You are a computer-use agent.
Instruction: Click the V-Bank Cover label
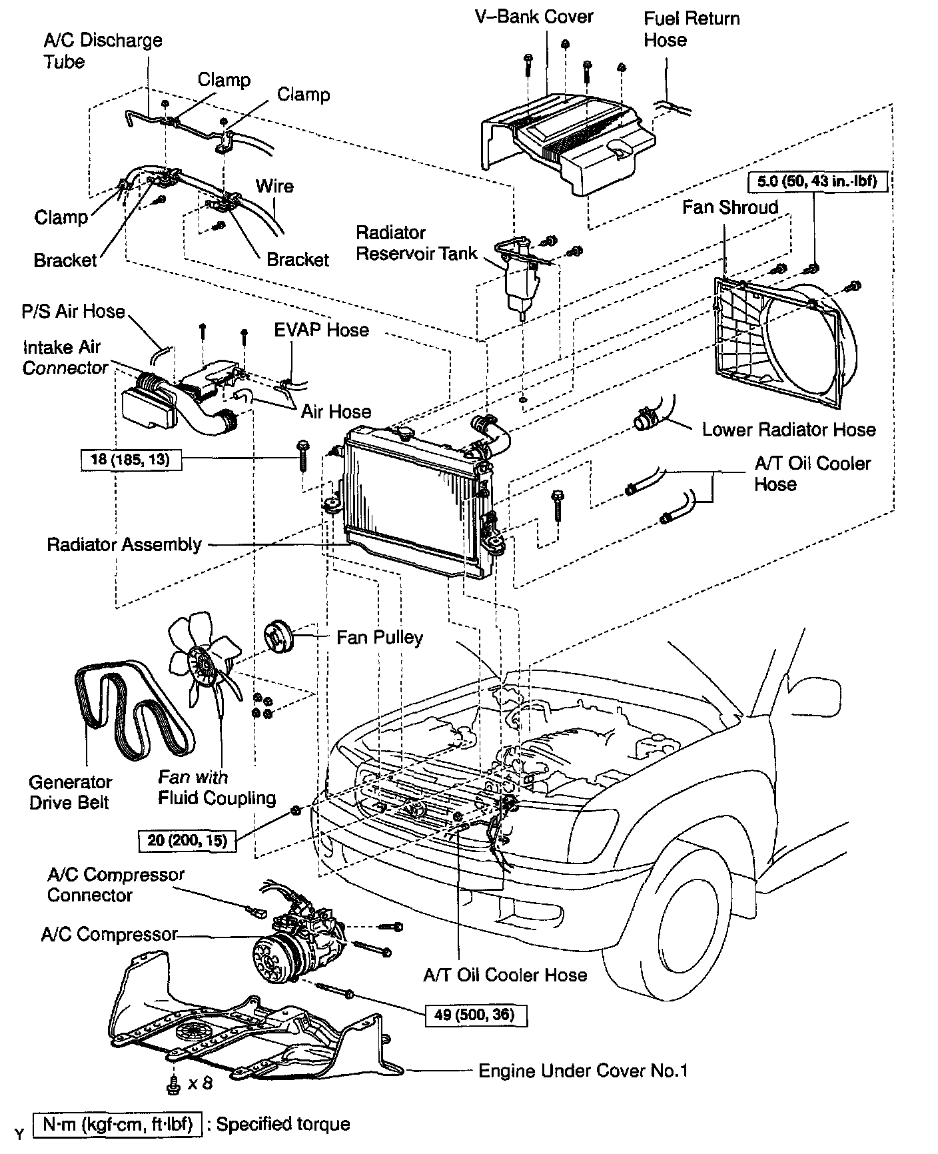(x=534, y=16)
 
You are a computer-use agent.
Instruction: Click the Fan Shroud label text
(x=729, y=207)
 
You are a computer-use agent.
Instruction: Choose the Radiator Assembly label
(x=124, y=544)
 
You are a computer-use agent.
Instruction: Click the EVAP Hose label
(x=321, y=330)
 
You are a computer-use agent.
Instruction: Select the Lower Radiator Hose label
(x=788, y=429)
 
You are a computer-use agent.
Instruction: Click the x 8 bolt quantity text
(x=199, y=1102)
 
